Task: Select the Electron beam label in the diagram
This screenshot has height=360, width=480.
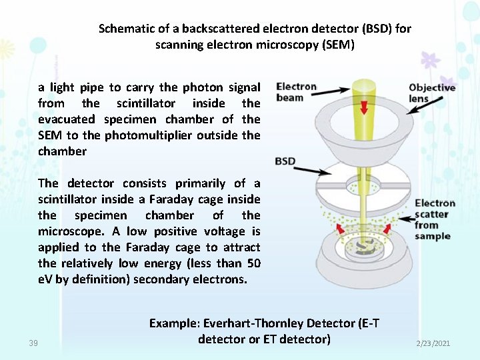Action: [x=296, y=92]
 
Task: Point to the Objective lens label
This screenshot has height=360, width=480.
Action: [x=431, y=93]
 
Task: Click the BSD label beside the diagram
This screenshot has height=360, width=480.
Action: [x=285, y=161]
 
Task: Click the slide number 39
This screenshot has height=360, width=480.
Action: [x=33, y=343]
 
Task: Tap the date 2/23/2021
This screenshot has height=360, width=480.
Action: [x=433, y=343]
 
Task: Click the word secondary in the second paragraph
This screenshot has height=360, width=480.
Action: [x=160, y=279]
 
